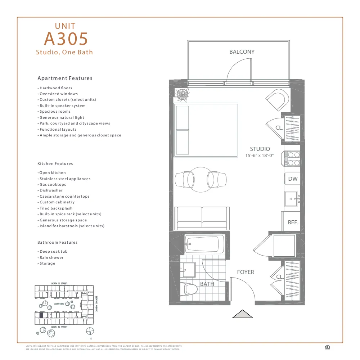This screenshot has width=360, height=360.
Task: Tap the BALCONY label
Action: pos(242,52)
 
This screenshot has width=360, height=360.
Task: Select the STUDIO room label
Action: pos(260,149)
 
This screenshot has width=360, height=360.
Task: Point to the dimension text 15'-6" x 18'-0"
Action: pos(260,156)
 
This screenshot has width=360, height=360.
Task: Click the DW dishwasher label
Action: pos(293,179)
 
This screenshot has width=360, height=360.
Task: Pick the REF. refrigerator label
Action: pos(293,222)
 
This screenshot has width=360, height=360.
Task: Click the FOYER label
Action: pos(246,272)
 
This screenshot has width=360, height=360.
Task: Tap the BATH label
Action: pos(207,284)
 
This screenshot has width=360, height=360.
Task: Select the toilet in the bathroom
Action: pos(190,289)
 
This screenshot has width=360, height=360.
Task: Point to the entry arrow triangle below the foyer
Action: pos(242,314)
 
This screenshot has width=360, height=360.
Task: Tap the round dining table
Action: pos(201,179)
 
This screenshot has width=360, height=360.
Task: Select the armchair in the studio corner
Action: pos(277,99)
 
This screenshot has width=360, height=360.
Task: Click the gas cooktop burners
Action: pos(293,159)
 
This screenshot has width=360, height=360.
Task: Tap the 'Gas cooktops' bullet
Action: pos(53,184)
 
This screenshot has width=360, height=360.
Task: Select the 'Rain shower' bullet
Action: pos(51,257)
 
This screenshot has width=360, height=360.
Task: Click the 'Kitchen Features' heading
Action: pos(55,163)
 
